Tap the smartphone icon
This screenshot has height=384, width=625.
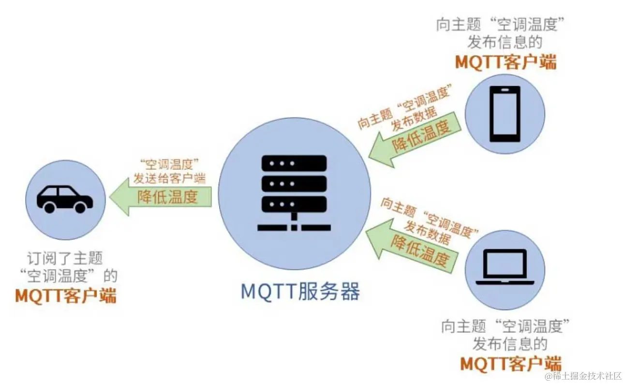tap(505, 114)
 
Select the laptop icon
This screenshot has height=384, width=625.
tap(505, 267)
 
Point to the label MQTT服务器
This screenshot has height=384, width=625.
tap(300, 292)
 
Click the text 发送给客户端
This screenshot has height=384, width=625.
tap(170, 178)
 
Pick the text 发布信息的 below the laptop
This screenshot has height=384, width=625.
tap(510, 344)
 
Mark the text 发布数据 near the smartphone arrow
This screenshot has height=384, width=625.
tap(414, 118)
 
